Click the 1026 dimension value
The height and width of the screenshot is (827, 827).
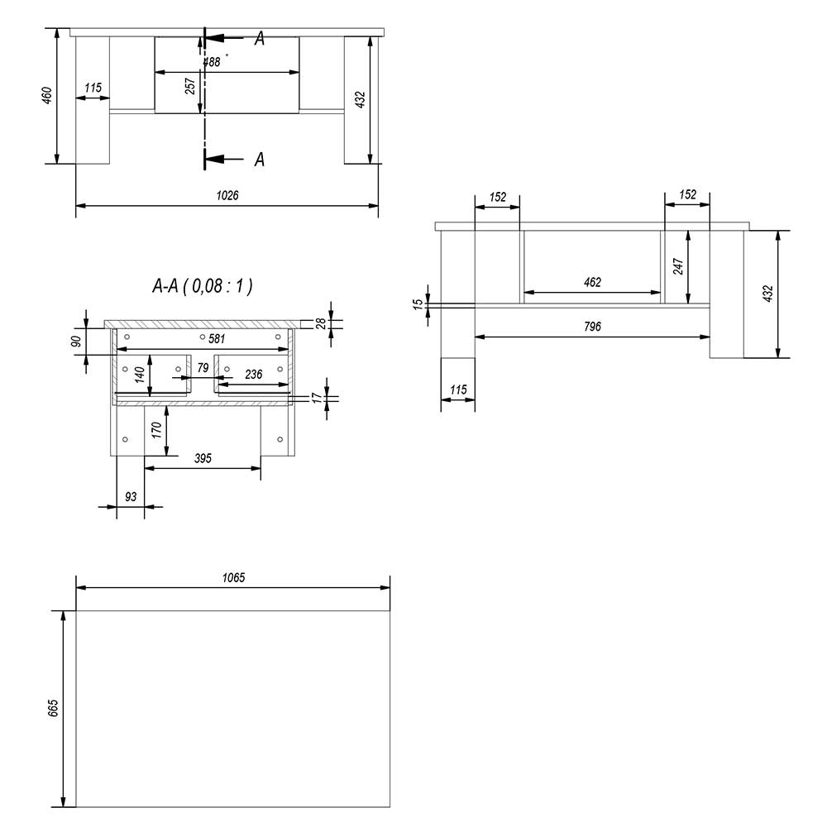pos(227,196)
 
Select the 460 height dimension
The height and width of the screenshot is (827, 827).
pos(47,95)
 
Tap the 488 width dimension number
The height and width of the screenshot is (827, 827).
pos(212,62)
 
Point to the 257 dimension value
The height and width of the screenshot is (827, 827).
pos(190,86)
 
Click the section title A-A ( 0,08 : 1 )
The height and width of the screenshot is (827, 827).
pos(203,286)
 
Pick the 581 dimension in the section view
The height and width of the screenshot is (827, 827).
pos(217,338)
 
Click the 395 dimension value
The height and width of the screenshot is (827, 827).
pos(203,458)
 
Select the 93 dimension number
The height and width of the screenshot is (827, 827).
pos(131,497)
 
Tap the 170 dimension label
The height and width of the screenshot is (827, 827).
pos(156,430)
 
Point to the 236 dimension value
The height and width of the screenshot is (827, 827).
pos(254,375)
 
